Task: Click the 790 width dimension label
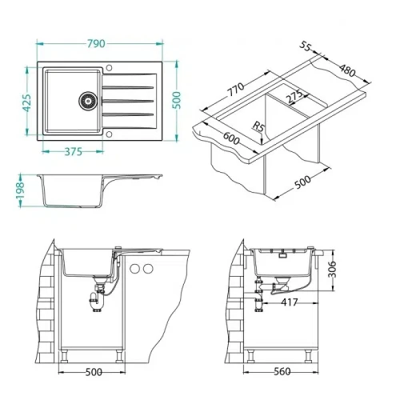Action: coord(96,43)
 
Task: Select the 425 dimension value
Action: coord(26,103)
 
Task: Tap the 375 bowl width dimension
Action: coord(73,152)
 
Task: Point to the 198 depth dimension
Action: coord(20,191)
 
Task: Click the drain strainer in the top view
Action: coord(88,101)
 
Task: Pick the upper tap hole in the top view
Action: coord(109,68)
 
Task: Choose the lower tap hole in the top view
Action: coord(109,134)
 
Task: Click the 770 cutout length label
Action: coord(235,89)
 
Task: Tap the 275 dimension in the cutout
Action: coord(294,96)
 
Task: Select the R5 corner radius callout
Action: coord(258,126)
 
